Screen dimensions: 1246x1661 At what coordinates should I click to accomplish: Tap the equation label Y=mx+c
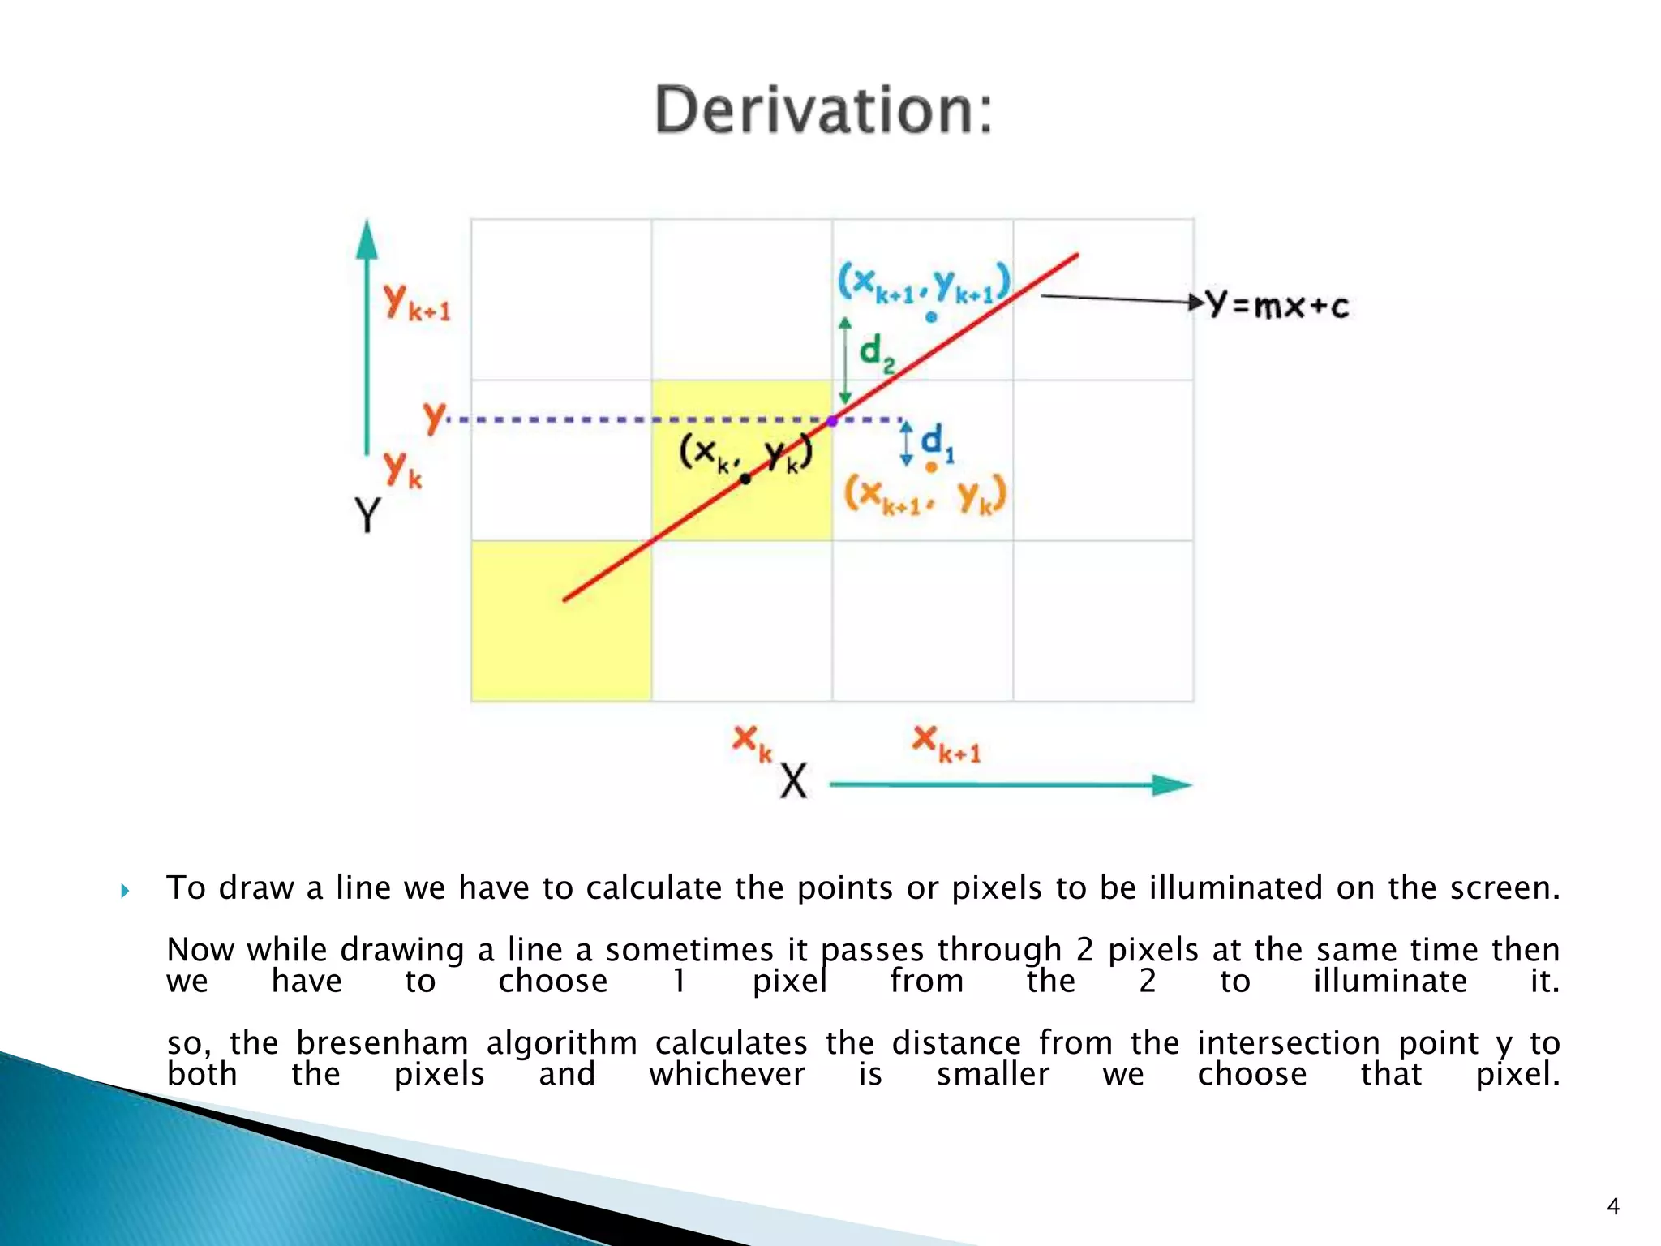pyautogui.click(x=1278, y=305)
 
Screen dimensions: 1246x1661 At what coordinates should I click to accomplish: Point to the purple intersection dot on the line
pyautogui.click(x=832, y=421)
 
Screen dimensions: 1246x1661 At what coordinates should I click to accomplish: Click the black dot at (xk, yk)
pyautogui.click(x=745, y=479)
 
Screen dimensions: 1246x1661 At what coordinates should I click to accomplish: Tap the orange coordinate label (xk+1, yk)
pyautogui.click(x=925, y=494)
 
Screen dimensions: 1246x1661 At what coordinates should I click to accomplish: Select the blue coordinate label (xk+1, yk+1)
pyautogui.click(x=924, y=283)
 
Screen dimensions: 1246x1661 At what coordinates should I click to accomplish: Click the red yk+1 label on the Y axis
pyautogui.click(x=417, y=303)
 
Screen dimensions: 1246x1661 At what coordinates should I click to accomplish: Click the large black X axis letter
pyautogui.click(x=793, y=782)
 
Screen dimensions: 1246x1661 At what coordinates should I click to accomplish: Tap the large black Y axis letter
pyautogui.click(x=367, y=514)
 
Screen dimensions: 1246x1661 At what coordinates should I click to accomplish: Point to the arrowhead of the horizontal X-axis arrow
pyautogui.click(x=1173, y=784)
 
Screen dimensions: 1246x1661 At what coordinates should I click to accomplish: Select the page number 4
pyautogui.click(x=1613, y=1207)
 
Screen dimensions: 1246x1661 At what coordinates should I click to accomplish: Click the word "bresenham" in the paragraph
pyautogui.click(x=382, y=1043)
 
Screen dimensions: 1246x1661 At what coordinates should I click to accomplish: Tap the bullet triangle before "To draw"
pyautogui.click(x=125, y=892)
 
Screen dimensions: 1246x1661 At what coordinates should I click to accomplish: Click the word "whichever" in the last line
pyautogui.click(x=727, y=1075)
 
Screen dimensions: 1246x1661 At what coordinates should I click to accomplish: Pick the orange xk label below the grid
pyautogui.click(x=752, y=742)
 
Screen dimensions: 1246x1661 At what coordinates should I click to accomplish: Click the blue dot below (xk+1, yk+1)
pyautogui.click(x=931, y=317)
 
